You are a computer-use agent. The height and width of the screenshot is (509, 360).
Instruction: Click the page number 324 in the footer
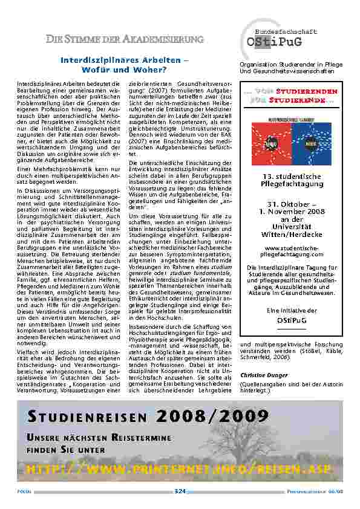tap(180, 491)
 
